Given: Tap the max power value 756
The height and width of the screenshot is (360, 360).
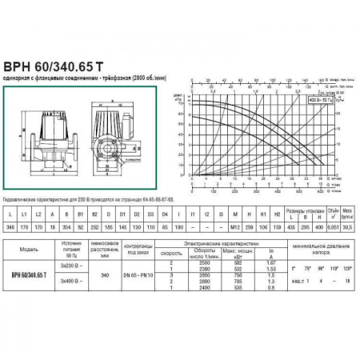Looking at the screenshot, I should [235, 295].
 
